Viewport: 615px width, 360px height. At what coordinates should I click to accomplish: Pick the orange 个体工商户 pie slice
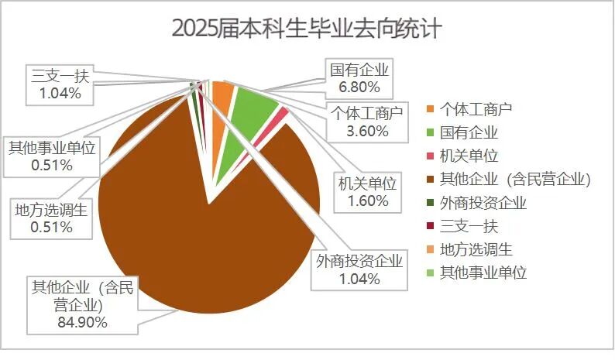tap(222, 95)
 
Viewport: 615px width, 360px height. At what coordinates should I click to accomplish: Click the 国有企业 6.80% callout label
tap(359, 77)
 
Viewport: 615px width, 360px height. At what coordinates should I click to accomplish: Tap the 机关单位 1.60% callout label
tap(367, 192)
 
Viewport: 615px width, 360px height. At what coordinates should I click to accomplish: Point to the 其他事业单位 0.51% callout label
tap(52, 155)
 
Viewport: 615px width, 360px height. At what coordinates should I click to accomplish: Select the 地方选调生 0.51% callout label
tap(52, 217)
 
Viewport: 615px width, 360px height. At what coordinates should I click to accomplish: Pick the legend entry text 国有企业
tap(469, 132)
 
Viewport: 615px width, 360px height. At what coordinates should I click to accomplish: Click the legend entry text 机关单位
tap(469, 155)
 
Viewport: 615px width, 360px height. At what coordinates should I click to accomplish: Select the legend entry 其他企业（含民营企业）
tap(515, 179)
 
